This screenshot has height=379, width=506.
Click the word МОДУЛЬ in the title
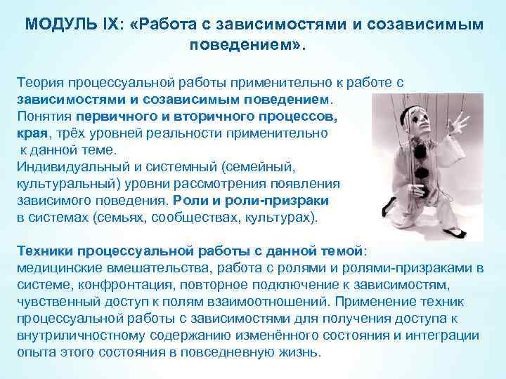tap(57, 25)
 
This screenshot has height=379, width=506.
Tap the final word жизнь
tap(300, 352)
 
